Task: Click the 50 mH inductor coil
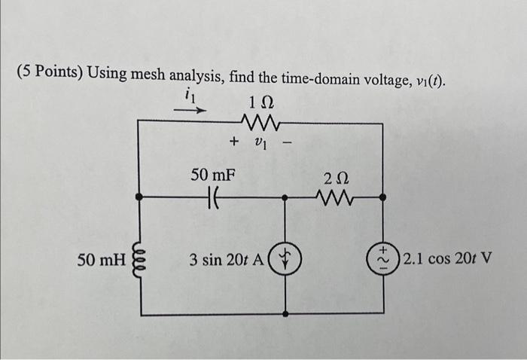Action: pos(138,260)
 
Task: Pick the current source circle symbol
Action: pos(285,261)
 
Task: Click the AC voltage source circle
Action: pos(383,261)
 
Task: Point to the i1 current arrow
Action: pos(190,109)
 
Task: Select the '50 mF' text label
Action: pos(212,175)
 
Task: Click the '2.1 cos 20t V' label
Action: pos(448,261)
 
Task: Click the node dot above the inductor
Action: pos(138,197)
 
